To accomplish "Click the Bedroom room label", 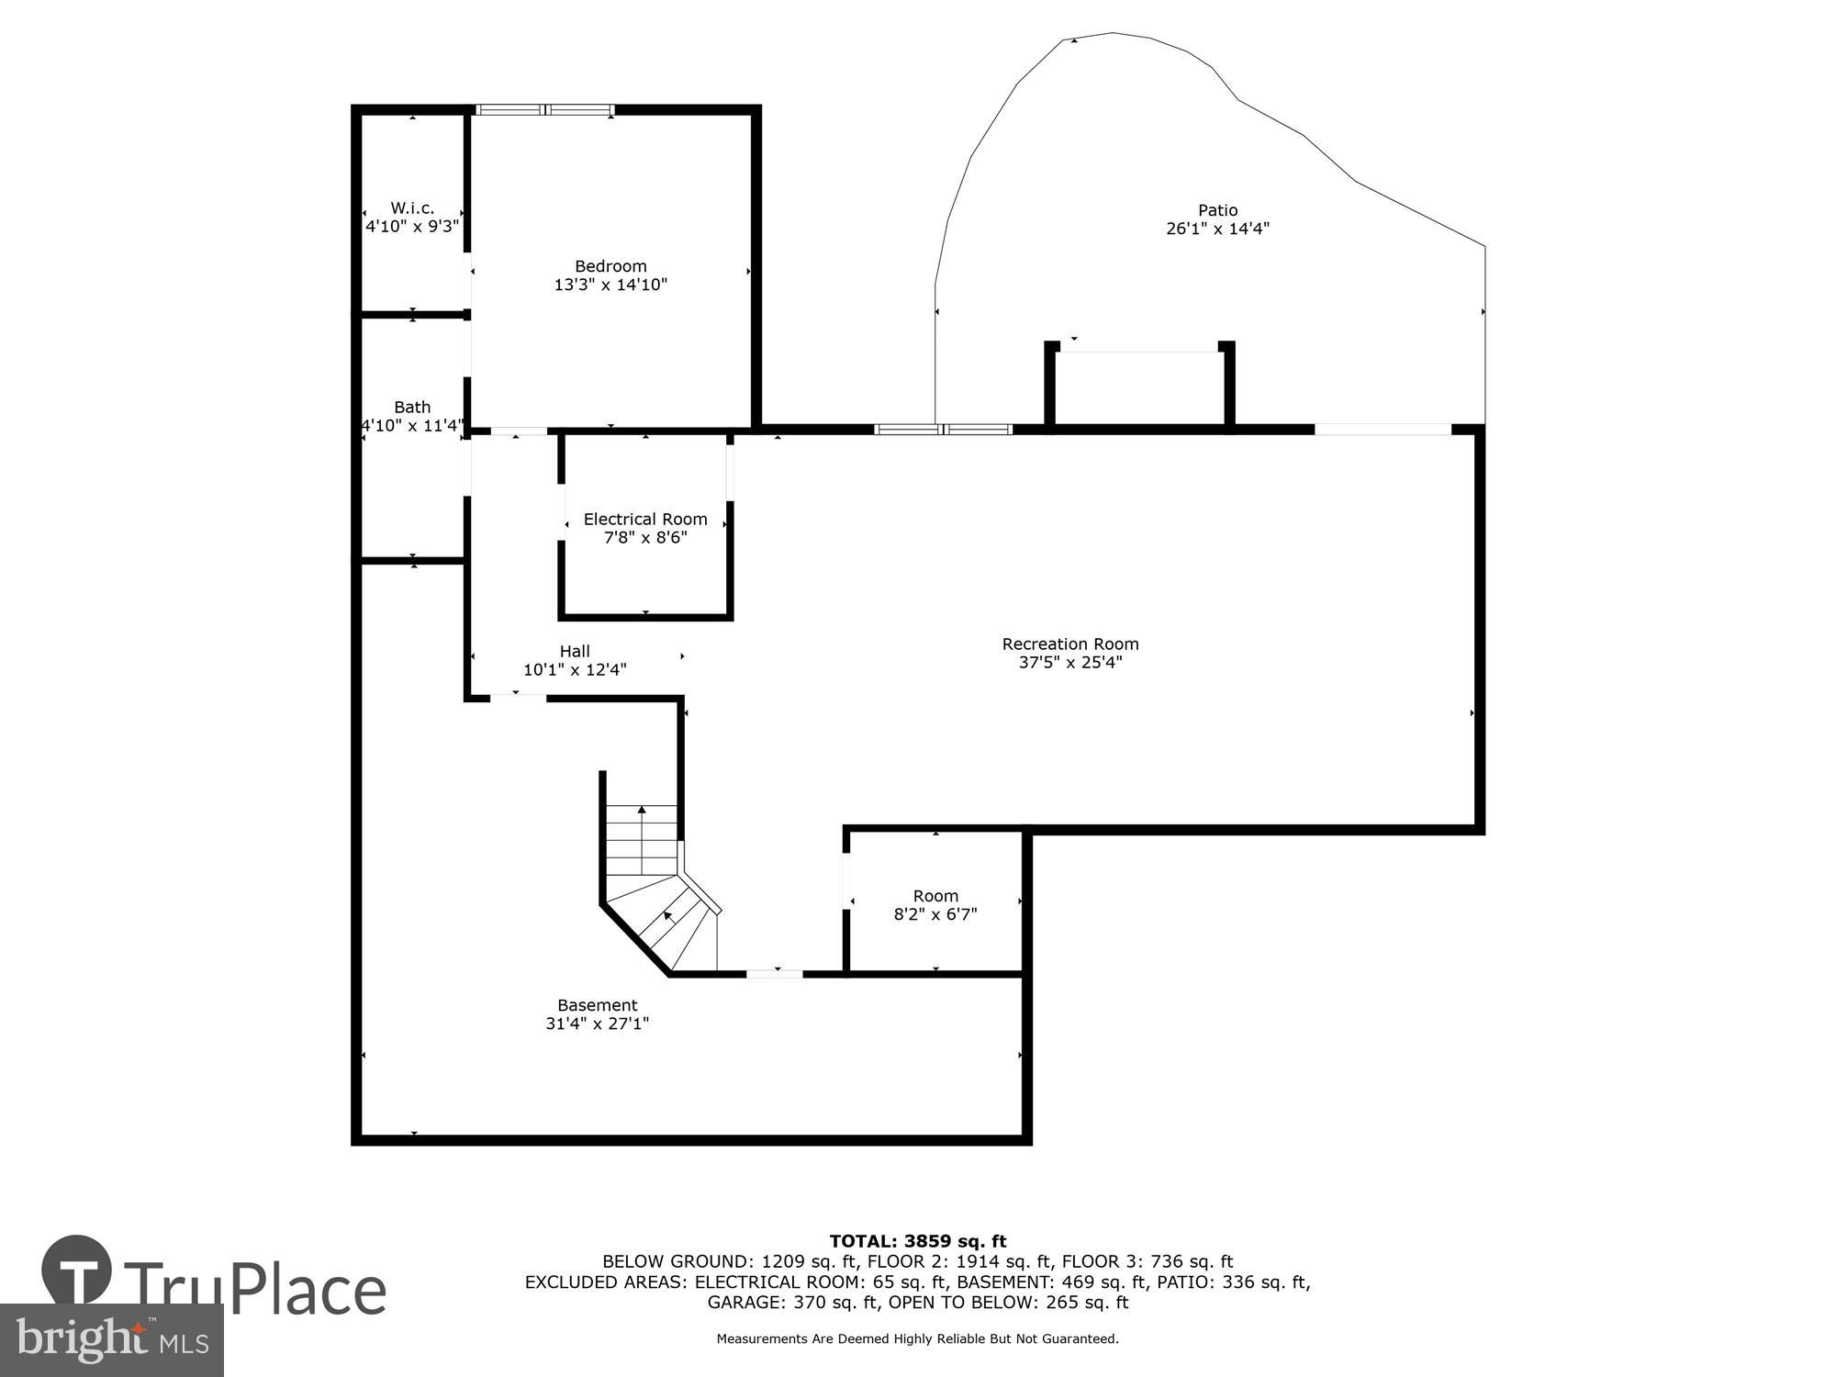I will click(610, 267).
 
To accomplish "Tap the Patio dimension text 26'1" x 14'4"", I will click(1217, 229).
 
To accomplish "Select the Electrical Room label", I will click(645, 520).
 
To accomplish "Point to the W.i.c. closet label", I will click(412, 208).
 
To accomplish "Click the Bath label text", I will click(412, 407).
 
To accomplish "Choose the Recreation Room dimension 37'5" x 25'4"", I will click(1070, 663).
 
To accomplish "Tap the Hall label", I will click(575, 652).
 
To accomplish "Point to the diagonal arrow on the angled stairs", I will click(668, 915).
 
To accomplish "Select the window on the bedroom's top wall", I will click(545, 110).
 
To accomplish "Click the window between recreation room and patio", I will click(943, 430).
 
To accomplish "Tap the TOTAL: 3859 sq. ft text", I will click(918, 1242).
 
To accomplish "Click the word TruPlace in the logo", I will click(255, 1290).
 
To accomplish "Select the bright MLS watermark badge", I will click(112, 1340).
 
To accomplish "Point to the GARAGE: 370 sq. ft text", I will click(788, 1303).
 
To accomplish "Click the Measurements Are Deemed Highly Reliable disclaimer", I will click(918, 1339).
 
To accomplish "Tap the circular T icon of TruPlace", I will click(77, 1271).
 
